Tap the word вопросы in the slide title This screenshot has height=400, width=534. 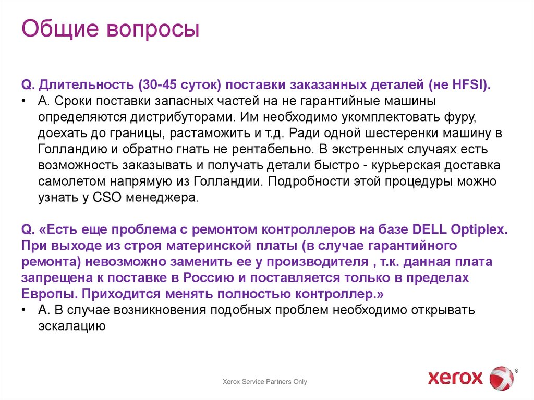[x=154, y=30]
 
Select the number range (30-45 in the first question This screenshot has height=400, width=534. [x=160, y=85]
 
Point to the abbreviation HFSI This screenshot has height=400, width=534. [x=469, y=85]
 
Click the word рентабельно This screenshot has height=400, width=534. [x=268, y=149]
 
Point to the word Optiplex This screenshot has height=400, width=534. [x=479, y=229]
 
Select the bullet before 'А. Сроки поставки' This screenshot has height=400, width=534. [x=25, y=100]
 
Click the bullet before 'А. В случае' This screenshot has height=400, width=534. [x=25, y=310]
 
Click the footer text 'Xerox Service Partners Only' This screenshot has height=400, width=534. [x=265, y=382]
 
